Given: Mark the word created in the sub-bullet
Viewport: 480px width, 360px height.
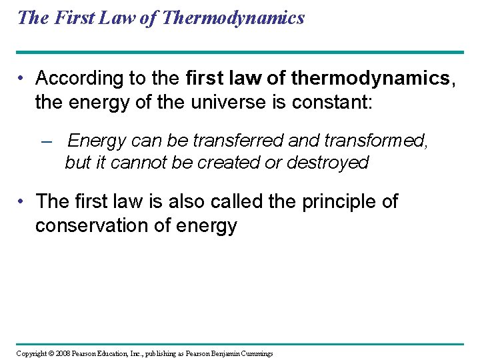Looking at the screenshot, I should click(215, 163).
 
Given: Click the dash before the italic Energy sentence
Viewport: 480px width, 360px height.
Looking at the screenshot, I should click(46, 141).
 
